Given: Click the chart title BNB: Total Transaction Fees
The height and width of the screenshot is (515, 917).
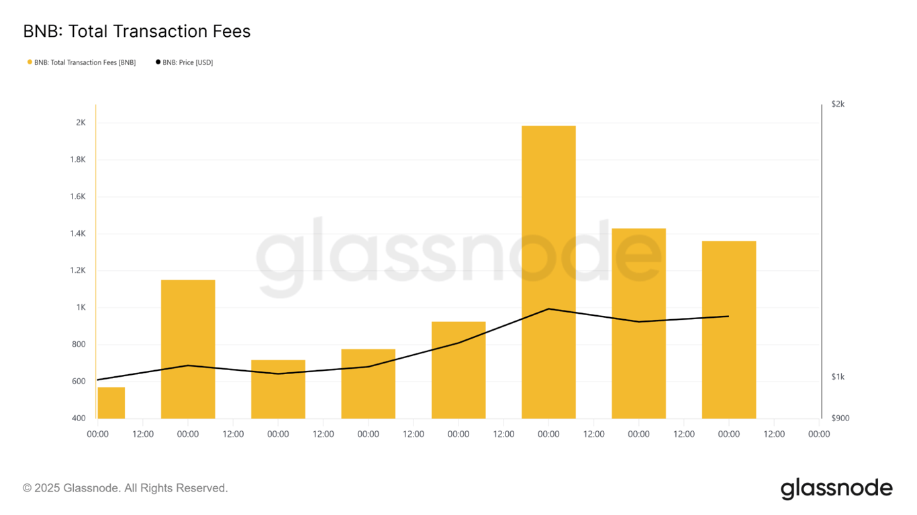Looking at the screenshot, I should click(136, 31).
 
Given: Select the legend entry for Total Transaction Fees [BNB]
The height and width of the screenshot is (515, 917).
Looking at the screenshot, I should click(84, 62).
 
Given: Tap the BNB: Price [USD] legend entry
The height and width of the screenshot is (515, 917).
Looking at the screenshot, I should click(187, 62).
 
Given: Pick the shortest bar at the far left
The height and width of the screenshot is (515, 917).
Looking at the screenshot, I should click(111, 402).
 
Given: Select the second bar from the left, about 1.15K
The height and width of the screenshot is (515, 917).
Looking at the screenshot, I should click(188, 349).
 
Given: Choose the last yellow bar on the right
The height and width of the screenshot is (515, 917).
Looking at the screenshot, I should click(728, 329).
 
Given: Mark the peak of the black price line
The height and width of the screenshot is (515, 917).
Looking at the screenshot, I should click(548, 308).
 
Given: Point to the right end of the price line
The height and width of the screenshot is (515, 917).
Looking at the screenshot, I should click(728, 316).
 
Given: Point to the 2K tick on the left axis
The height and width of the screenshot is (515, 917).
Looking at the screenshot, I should click(81, 123).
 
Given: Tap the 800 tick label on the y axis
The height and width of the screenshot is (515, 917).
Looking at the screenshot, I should click(79, 345).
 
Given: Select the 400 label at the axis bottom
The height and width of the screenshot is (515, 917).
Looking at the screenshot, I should click(79, 418).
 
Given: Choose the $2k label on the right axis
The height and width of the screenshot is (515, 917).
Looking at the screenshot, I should click(838, 104).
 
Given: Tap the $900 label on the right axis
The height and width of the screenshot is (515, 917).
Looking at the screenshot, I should click(840, 418).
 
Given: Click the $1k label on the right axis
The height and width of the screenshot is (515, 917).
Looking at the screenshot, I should click(838, 377).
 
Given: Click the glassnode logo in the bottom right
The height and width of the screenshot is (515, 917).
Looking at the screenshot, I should click(836, 488).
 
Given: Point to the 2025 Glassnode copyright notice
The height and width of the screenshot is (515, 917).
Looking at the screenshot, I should click(126, 488).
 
